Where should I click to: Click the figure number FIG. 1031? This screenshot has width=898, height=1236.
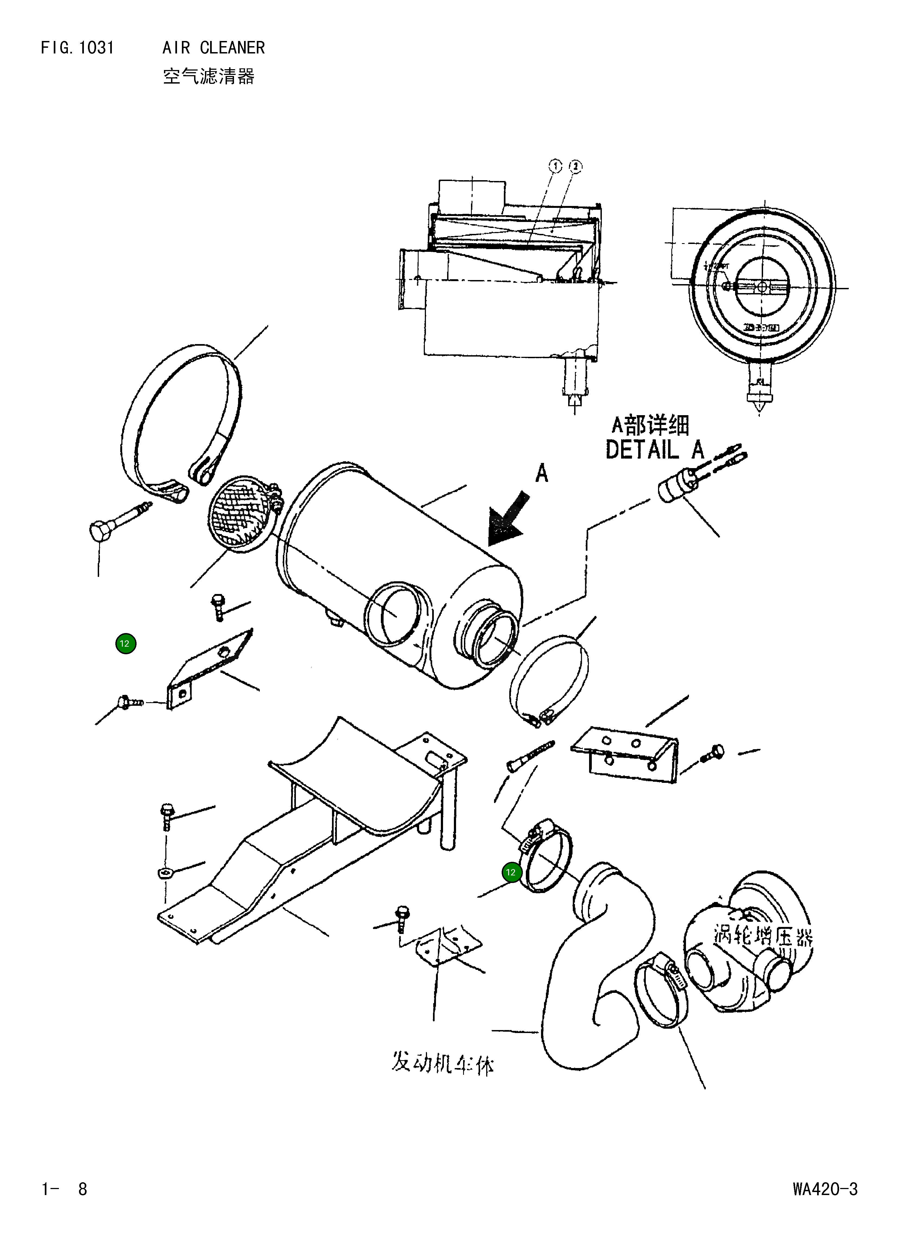point(77,48)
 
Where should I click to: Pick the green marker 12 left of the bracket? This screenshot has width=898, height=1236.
point(125,644)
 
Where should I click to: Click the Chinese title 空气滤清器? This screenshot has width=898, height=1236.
point(209,76)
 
